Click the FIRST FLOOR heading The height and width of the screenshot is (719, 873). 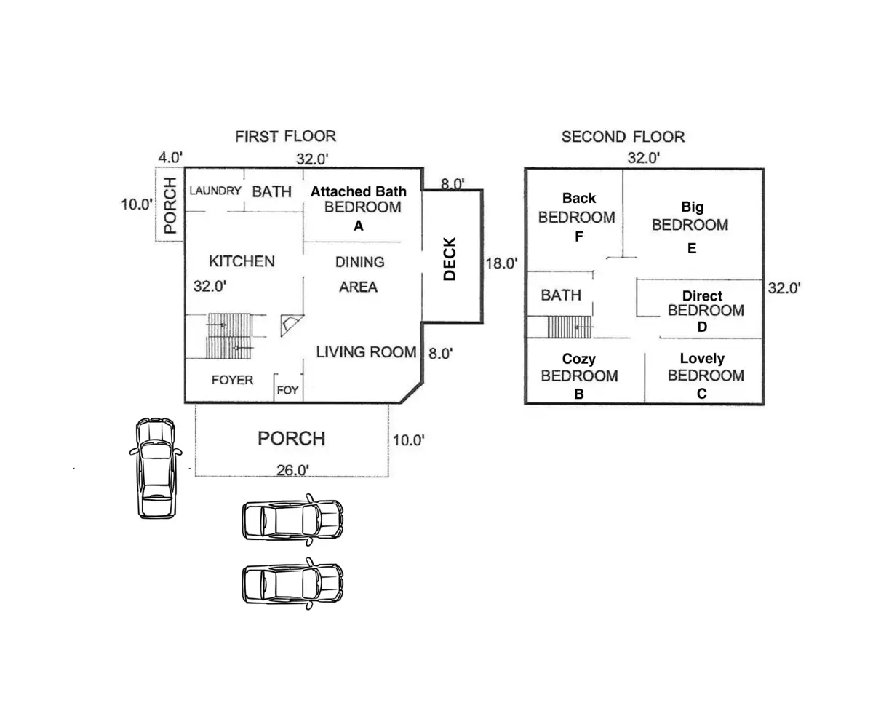click(x=286, y=136)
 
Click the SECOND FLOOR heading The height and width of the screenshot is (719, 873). click(x=623, y=137)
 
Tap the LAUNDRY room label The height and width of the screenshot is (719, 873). click(x=215, y=191)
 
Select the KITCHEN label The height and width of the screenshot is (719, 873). click(x=242, y=261)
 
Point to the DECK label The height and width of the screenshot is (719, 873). click(x=450, y=259)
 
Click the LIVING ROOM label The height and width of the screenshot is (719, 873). click(x=366, y=352)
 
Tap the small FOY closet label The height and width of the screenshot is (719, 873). click(x=287, y=390)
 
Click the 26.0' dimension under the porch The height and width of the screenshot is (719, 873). click(x=292, y=470)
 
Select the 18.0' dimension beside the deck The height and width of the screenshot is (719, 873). click(x=501, y=263)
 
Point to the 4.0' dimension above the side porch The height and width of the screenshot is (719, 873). click(x=170, y=157)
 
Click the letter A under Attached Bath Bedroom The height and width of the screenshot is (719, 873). click(x=359, y=226)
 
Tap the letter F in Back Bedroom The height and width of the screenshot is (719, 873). click(x=579, y=237)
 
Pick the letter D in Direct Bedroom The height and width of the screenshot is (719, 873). click(x=702, y=327)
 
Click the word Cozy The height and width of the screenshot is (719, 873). click(x=578, y=359)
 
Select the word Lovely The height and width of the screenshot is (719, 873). click(x=702, y=358)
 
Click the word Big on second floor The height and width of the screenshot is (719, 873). click(x=693, y=207)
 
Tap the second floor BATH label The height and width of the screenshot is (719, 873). click(x=561, y=295)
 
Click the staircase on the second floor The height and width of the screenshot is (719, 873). click(x=570, y=327)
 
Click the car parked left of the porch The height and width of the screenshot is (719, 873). click(x=156, y=468)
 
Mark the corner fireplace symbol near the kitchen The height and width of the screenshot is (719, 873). click(x=290, y=325)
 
